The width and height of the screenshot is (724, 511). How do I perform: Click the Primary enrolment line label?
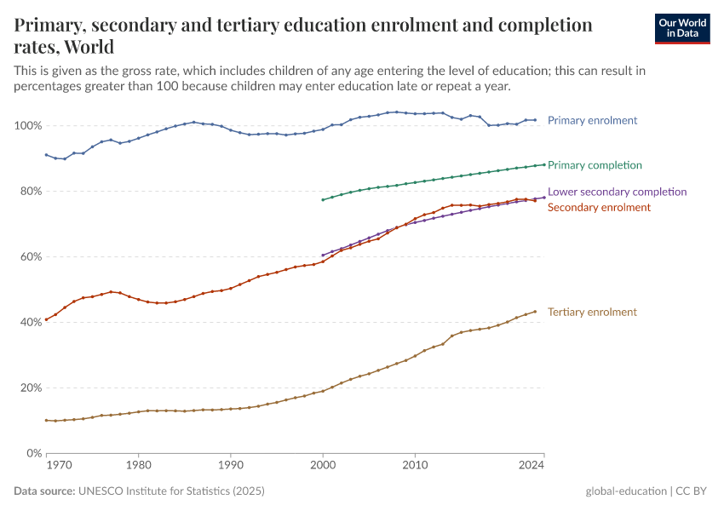[x=592, y=120]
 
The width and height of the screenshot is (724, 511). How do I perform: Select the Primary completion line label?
[x=595, y=164]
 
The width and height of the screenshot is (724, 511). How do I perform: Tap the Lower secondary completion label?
[x=617, y=192]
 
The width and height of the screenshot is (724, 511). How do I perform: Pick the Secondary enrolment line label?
[x=599, y=207]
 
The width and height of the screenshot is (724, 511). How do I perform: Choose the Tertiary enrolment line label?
[x=592, y=312]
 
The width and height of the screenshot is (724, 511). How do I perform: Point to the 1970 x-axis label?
[x=58, y=466]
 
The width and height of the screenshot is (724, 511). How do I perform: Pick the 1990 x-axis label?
[x=230, y=466]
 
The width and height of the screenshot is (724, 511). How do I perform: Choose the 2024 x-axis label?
[x=532, y=466]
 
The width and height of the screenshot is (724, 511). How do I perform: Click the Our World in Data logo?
[x=681, y=28]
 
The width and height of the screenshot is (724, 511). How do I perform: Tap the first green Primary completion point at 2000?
[x=323, y=200]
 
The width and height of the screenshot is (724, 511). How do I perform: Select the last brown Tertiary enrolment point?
[x=535, y=312]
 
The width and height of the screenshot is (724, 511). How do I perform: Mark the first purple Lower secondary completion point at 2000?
[x=323, y=255]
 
